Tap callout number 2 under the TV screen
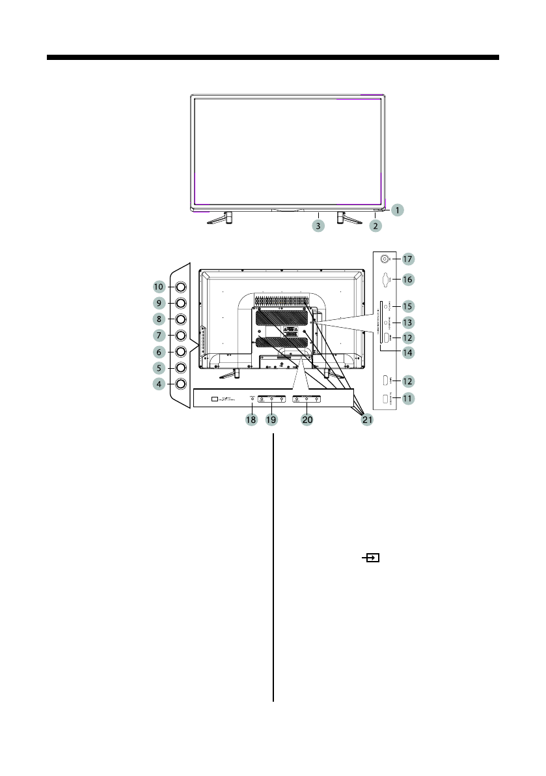pyautogui.click(x=375, y=226)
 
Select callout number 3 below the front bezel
pyautogui.click(x=318, y=226)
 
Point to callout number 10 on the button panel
pyautogui.click(x=158, y=287)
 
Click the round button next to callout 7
pyautogui.click(x=180, y=335)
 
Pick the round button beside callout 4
pyautogui.click(x=180, y=384)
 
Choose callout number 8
pyautogui.click(x=158, y=319)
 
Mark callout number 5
pyautogui.click(x=158, y=367)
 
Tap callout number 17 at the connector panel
pyautogui.click(x=407, y=259)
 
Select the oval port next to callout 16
pyautogui.click(x=385, y=280)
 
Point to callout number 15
pyautogui.click(x=407, y=306)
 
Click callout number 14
pyautogui.click(x=407, y=354)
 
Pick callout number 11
pyautogui.click(x=407, y=397)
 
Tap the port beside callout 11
pyautogui.click(x=385, y=398)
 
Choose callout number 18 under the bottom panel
pyautogui.click(x=251, y=420)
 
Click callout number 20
pyautogui.click(x=307, y=420)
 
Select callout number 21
pyautogui.click(x=367, y=420)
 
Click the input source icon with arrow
pyautogui.click(x=372, y=558)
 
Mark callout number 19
pyautogui.click(x=272, y=420)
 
